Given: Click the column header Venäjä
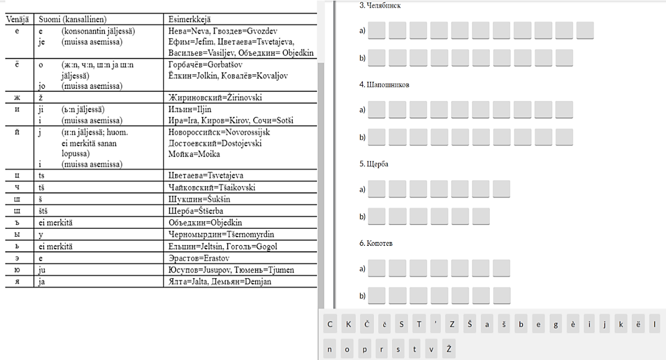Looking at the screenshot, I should point(18,20).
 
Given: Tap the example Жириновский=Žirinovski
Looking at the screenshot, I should point(215,98).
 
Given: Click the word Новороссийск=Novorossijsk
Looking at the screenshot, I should point(219,132).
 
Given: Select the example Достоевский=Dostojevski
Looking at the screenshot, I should point(215,143).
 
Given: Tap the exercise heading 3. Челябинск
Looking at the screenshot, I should point(380,5).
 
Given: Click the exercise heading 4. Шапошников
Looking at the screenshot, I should point(384,85).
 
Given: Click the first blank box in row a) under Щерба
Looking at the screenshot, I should point(377,189).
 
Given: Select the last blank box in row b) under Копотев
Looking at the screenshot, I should point(501,295).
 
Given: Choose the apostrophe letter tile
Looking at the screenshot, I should point(436,324).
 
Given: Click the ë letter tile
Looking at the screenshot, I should point(637,324).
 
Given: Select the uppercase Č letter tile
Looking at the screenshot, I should point(366,324).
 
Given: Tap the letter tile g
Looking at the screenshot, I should point(556,324).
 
